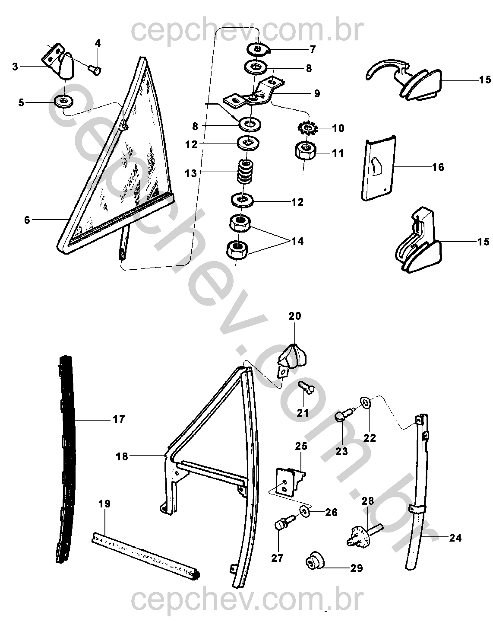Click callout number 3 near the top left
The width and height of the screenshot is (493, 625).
click(x=15, y=67)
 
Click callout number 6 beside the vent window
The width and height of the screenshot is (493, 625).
click(x=27, y=220)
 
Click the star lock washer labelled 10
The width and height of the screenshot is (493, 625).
click(x=308, y=128)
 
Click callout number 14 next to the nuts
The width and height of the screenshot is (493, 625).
click(x=297, y=241)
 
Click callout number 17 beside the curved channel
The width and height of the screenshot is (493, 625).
click(x=119, y=419)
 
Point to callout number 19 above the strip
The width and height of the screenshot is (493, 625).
click(x=104, y=504)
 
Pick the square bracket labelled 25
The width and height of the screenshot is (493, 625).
click(x=289, y=481)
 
